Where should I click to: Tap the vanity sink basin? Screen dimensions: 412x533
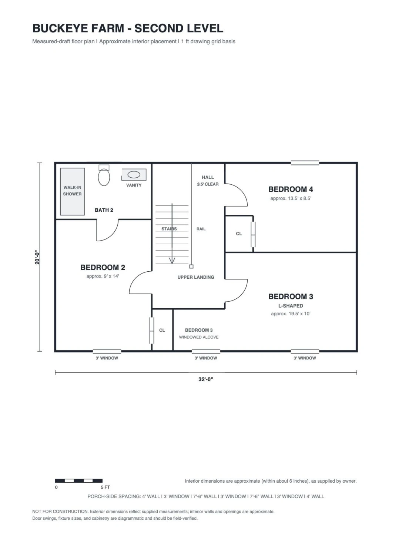[x=134, y=175]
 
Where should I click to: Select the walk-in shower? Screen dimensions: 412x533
[x=72, y=192]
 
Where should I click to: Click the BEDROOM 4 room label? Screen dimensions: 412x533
[x=291, y=190]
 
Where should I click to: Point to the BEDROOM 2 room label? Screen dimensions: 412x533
[x=103, y=267]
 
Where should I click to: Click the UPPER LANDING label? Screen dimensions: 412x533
[x=196, y=277]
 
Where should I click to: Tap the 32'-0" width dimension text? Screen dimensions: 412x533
[x=206, y=379]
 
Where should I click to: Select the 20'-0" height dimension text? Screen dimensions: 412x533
[x=37, y=257]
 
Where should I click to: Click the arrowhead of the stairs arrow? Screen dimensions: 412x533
[x=172, y=261]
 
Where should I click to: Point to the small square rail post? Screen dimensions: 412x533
[x=191, y=266]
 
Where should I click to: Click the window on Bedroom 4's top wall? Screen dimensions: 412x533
[x=305, y=162]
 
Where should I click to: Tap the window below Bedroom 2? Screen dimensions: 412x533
[x=107, y=351]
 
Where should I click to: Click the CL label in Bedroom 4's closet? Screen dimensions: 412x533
[x=239, y=234]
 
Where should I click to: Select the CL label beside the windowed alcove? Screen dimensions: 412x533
[x=162, y=330]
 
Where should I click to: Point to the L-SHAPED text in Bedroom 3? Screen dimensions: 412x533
[x=291, y=306]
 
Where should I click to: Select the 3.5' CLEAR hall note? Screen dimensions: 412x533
[x=208, y=184]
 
